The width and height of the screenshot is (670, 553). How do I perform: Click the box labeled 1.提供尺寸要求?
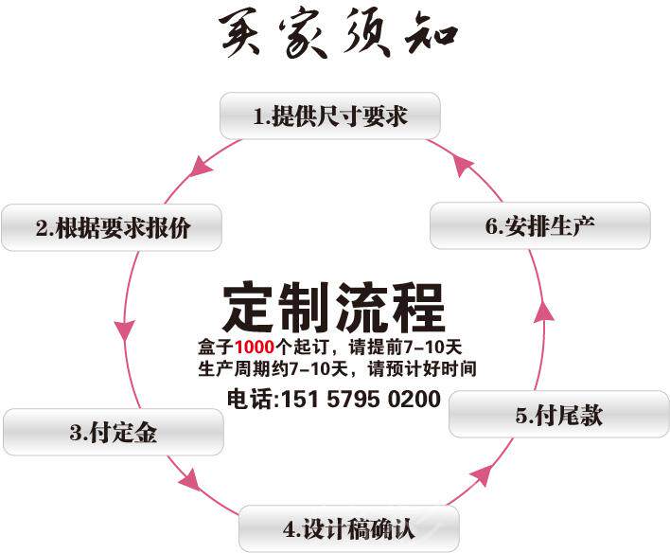[x=330, y=116]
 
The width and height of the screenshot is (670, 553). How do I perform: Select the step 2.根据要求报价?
[x=113, y=227]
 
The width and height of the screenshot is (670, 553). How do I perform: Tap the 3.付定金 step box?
[x=114, y=433]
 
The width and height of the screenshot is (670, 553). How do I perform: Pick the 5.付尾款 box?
[x=558, y=415]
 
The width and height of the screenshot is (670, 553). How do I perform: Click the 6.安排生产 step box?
[x=540, y=226]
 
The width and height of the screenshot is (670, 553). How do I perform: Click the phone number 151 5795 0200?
[x=359, y=400]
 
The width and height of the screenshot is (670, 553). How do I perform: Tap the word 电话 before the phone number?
[x=247, y=400]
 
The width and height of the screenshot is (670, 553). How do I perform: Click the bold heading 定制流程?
[x=334, y=306]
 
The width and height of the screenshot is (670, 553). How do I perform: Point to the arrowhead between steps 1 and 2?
[x=201, y=169]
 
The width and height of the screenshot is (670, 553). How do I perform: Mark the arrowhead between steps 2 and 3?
[x=124, y=332]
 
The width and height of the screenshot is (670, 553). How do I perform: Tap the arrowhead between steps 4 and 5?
[x=480, y=474]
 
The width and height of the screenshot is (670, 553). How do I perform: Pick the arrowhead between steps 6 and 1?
[x=464, y=165]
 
